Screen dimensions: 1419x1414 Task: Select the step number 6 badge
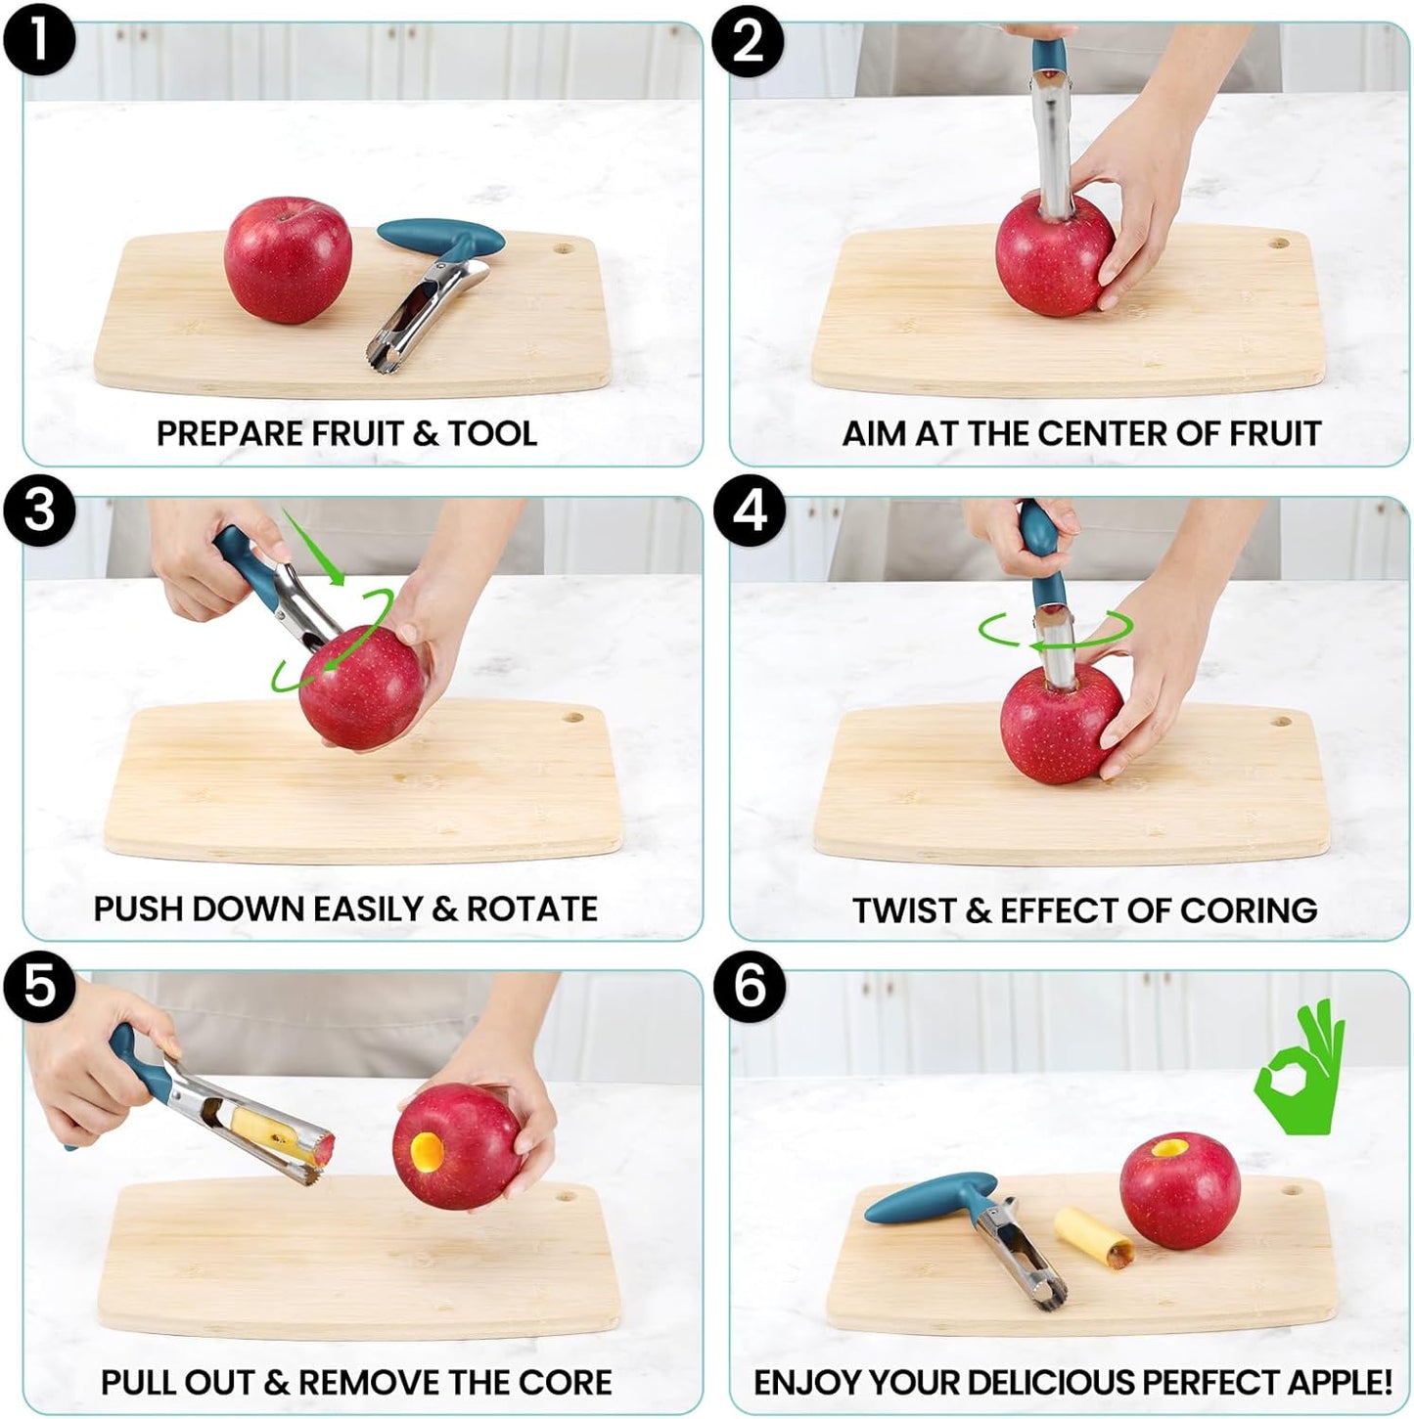click(750, 986)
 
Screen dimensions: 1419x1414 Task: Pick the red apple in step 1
click(287, 259)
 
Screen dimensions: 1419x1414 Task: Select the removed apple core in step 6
click(1094, 1234)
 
